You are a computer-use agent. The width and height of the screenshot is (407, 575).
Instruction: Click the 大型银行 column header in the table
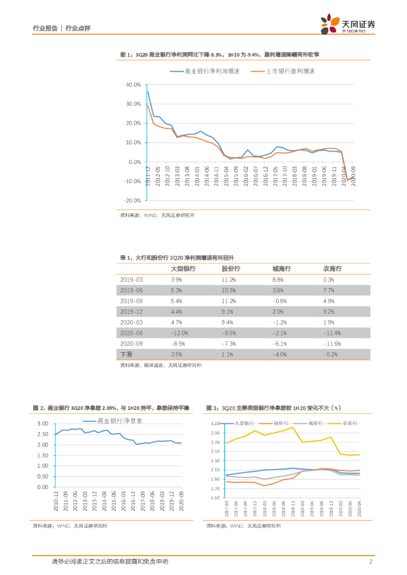[183, 269]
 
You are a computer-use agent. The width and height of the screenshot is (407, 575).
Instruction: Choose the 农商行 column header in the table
[332, 269]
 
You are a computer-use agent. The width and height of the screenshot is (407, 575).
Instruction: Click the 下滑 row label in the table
[126, 354]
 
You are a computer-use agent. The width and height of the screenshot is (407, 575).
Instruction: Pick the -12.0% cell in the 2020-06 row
[179, 333]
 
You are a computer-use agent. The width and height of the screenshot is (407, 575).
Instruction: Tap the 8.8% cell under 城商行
[277, 280]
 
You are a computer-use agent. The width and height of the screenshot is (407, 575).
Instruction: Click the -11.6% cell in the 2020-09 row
[333, 344]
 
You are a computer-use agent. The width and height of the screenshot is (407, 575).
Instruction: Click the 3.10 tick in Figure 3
[215, 423]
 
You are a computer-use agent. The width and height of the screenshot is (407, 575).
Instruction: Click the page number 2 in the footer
[371, 562]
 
